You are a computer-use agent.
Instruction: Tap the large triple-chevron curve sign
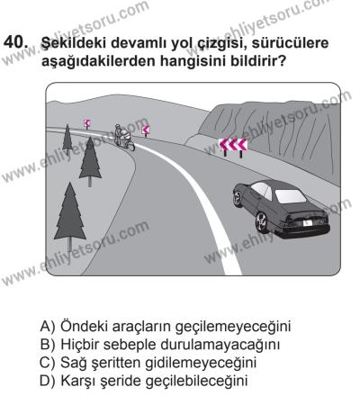[233, 144]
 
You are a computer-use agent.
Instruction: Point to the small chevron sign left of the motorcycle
[86, 122]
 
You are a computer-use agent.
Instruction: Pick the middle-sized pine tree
[91, 159]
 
